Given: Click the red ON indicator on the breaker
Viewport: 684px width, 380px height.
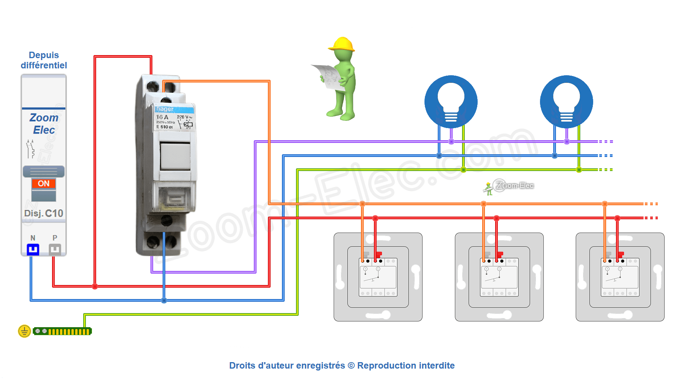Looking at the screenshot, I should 44,184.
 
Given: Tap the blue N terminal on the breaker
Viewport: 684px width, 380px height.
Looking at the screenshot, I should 33,249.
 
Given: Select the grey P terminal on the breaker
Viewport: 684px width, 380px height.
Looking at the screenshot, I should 55,249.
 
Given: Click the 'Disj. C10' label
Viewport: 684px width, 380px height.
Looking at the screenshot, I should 44,213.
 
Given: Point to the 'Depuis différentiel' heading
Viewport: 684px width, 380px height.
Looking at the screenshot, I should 44,60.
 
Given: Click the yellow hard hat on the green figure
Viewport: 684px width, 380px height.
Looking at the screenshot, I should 342,44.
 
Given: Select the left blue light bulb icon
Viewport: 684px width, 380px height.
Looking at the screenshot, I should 451,101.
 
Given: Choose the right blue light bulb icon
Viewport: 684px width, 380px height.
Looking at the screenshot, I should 566,101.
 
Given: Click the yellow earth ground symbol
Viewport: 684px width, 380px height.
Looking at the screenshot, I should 24,331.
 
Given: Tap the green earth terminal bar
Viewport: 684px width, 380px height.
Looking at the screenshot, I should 63,331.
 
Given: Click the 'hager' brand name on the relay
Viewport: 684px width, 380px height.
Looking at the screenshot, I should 165,109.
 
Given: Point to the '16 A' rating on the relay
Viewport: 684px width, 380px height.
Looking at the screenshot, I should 162,117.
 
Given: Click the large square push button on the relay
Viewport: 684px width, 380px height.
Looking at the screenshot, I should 175,156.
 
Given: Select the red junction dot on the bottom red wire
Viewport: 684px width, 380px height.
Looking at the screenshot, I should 95,286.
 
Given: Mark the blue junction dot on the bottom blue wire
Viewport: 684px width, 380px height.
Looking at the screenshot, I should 164,300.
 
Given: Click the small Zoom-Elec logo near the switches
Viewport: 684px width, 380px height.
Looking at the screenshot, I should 509,186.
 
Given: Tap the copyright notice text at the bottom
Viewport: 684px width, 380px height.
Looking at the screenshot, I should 342,366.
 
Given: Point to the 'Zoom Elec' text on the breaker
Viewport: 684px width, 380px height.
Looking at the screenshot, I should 44,124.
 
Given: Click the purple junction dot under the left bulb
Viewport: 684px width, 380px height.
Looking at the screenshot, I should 451,142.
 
